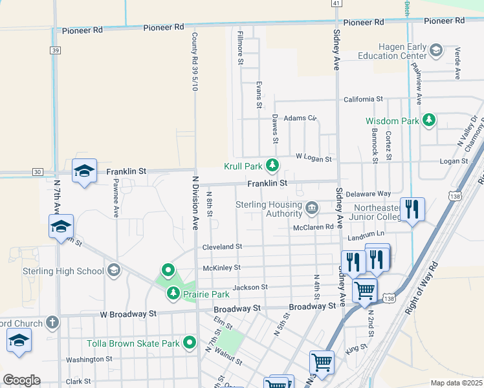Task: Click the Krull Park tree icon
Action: click(272, 166)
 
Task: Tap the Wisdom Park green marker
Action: click(428, 120)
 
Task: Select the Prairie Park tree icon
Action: click(173, 294)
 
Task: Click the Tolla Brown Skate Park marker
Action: click(190, 343)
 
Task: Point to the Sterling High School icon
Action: click(114, 270)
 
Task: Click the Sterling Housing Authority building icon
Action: click(312, 208)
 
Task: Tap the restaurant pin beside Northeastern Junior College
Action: click(412, 210)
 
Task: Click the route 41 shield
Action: click(336, 4)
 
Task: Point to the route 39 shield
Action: click(56, 50)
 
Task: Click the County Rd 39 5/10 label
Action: click(194, 61)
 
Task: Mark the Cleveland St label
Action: click(222, 246)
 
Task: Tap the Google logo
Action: click(21, 380)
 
